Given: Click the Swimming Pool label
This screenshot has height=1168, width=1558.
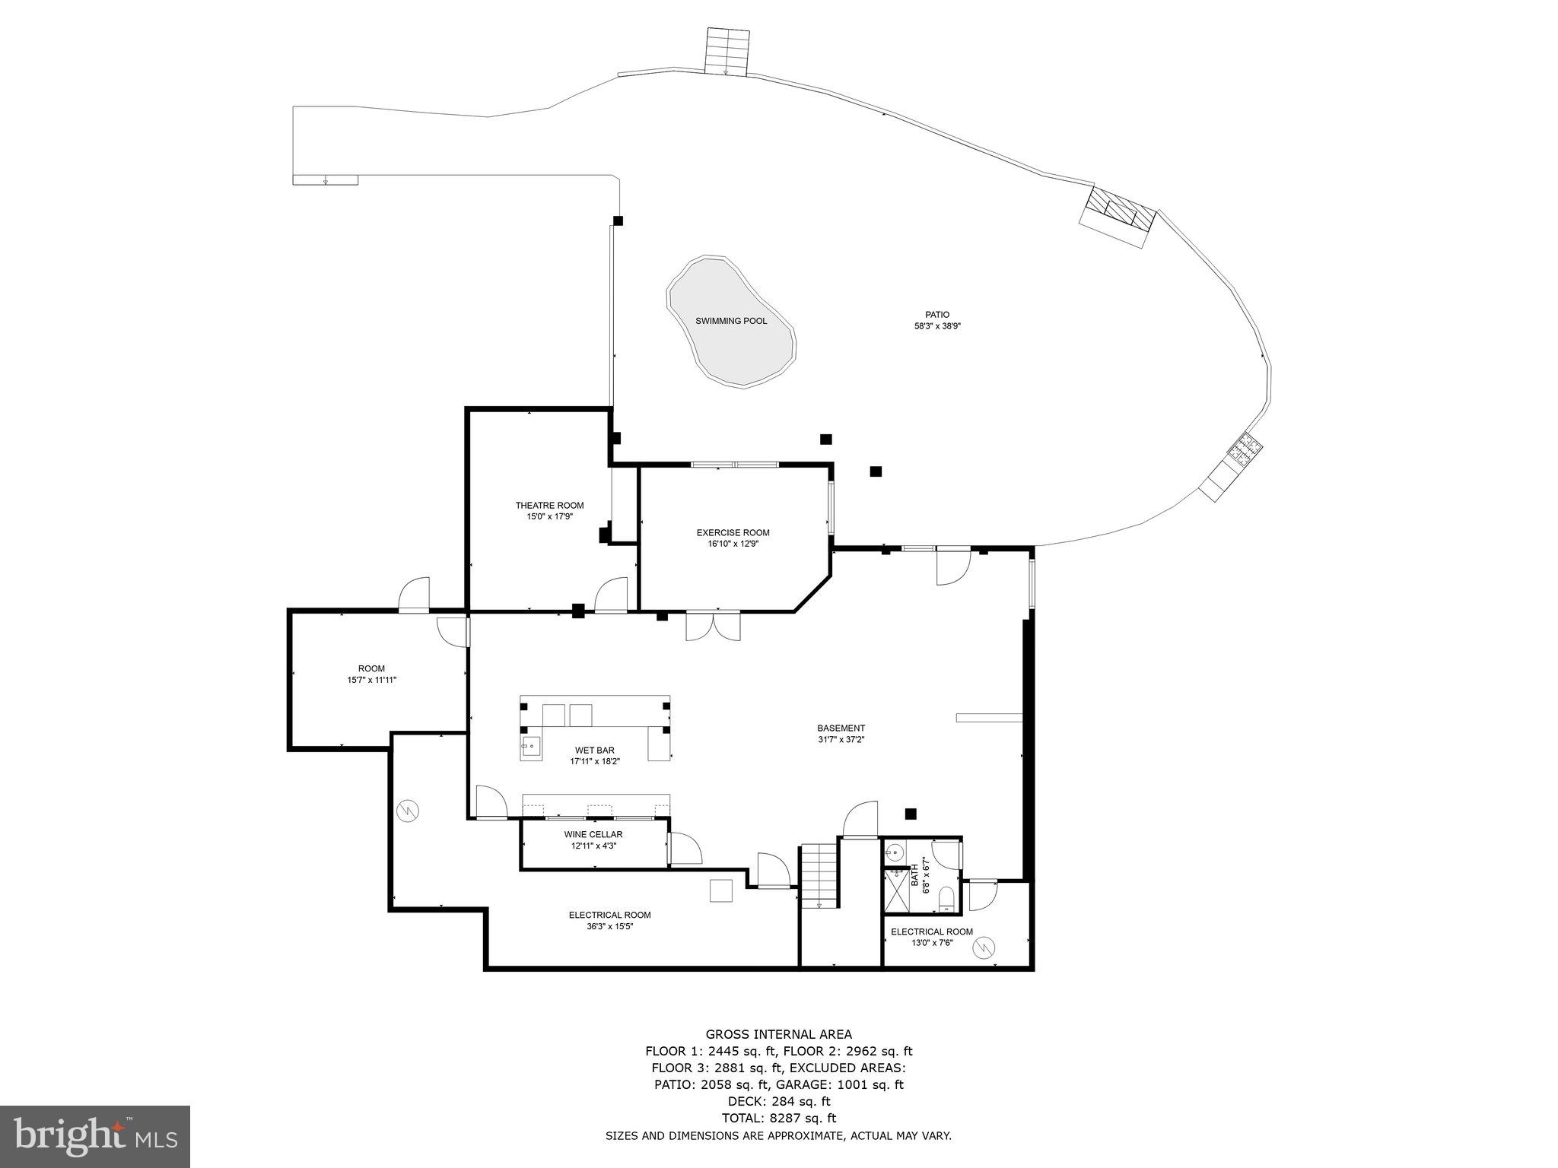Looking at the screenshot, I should (731, 321).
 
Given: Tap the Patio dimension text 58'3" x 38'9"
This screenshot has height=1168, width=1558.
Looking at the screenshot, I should (937, 326).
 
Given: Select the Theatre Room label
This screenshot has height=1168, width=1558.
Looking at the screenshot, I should (549, 505).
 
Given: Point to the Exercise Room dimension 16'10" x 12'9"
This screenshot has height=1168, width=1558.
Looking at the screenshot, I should (733, 544).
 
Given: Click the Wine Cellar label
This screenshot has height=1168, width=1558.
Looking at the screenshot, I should (593, 834).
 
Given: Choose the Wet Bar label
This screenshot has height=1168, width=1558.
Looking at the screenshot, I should (595, 751).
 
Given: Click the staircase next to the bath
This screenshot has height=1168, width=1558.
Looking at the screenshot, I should (819, 874).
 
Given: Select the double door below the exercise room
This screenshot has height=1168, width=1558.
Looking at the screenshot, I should (713, 625).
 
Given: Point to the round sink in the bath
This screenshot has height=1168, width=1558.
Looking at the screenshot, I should (896, 851).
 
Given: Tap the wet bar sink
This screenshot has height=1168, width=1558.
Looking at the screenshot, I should (530, 746).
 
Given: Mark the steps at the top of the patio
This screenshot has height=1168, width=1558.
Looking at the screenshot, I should (728, 52).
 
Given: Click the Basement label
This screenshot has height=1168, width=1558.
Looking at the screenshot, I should (841, 728).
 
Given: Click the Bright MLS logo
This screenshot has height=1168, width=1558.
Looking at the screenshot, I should (95, 1136).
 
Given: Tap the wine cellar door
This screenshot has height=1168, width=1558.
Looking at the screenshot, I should (685, 849).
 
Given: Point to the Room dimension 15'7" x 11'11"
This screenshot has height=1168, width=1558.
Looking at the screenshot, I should (371, 680).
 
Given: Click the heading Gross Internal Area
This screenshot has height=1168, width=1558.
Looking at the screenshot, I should (778, 1034).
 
